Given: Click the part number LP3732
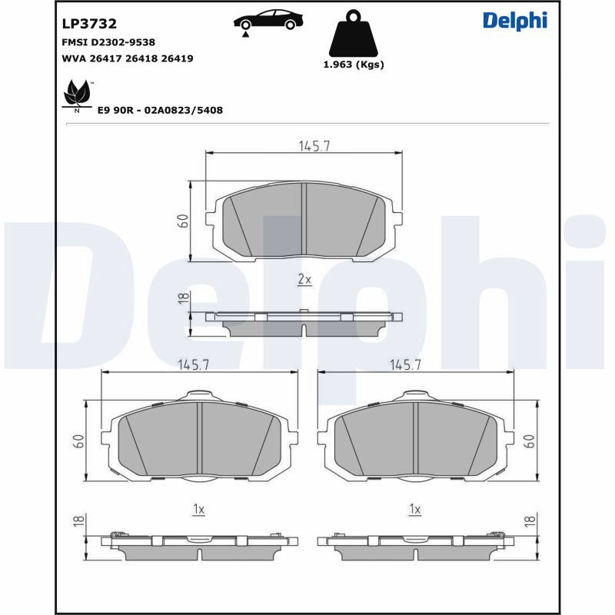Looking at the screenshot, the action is pyautogui.click(x=89, y=24).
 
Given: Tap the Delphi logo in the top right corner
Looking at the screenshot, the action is pyautogui.click(x=515, y=21).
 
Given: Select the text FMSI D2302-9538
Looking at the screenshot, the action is pyautogui.click(x=108, y=42).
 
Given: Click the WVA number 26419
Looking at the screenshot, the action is pyautogui.click(x=178, y=58).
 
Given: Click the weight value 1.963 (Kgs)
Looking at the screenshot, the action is pyautogui.click(x=354, y=65).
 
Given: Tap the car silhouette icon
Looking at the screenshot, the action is pyautogui.click(x=268, y=20).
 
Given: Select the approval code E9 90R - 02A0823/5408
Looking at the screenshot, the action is pyautogui.click(x=160, y=110).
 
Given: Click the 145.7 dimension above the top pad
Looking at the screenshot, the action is pyautogui.click(x=314, y=146).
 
